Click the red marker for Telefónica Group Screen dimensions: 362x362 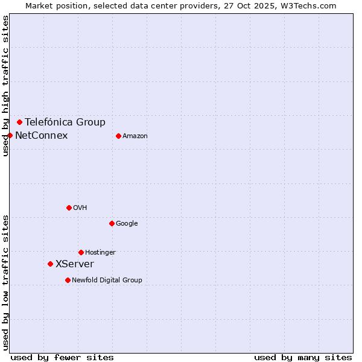pos(19,122)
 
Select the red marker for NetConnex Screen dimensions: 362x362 pos(10,135)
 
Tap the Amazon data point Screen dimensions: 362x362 pos(118,136)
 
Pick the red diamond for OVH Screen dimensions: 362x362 pos(69,208)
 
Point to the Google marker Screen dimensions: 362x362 pos(112,223)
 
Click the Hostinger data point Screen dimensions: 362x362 pos(81,252)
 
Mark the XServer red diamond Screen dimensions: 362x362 pos(50,264)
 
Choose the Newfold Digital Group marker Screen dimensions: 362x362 pos(68,280)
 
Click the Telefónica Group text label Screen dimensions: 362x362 pos(65,122)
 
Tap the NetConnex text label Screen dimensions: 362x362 pos(42,135)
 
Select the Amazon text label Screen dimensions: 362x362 pos(135,136)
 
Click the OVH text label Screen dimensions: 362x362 pos(80,208)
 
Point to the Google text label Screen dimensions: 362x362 pos(127,223)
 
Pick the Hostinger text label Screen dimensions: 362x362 pos(100,252)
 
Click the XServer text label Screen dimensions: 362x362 pos(75,264)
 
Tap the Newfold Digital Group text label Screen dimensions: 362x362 pos(107,280)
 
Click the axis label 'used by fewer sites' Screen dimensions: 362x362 pos(62,357)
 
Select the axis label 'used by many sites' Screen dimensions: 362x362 pos(303,357)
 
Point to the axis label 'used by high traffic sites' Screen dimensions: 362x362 pos(5,86)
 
